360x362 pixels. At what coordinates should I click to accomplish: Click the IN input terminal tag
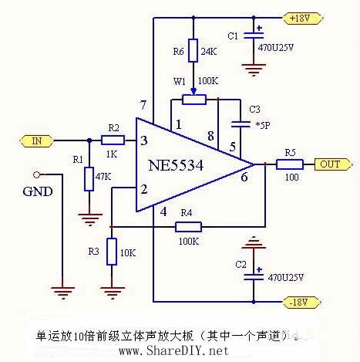[36, 141]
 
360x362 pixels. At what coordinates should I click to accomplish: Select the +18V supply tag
[298, 16]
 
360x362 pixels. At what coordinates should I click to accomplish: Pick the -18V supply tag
[298, 301]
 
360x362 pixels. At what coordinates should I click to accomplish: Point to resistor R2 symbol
[113, 140]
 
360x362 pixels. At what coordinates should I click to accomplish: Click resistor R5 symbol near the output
[290, 164]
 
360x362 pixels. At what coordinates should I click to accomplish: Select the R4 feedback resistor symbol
[188, 226]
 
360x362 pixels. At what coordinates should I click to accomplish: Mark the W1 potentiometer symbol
[194, 99]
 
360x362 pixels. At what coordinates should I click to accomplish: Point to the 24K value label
[208, 52]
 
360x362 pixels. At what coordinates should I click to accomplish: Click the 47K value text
[103, 177]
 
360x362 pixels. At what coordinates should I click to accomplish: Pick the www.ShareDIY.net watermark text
[174, 350]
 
